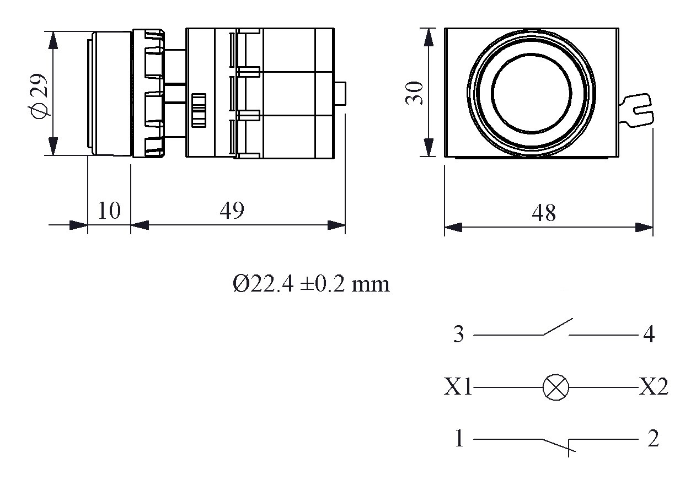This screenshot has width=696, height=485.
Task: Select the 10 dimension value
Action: (109, 211)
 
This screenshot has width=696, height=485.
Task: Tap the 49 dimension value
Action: (232, 211)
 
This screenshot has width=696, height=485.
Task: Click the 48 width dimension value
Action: (544, 213)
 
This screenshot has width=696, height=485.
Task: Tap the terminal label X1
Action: (458, 388)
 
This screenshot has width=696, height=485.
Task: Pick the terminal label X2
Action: (654, 387)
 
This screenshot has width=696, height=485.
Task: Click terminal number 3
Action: (458, 335)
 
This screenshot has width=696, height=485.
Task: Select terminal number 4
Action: (649, 335)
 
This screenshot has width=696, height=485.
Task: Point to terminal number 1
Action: (459, 439)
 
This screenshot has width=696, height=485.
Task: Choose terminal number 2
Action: (653, 439)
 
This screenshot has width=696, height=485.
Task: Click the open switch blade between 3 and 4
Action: (558, 327)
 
